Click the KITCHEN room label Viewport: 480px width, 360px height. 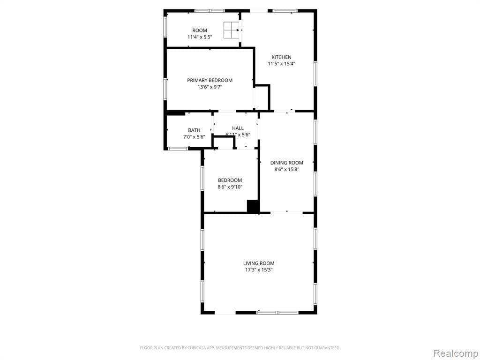(x=281, y=57)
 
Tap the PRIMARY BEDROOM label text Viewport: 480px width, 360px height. (x=210, y=80)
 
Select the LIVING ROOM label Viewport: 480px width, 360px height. (x=258, y=263)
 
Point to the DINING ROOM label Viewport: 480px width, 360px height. (x=286, y=163)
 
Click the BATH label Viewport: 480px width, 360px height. (x=194, y=130)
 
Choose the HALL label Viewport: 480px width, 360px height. (x=238, y=128)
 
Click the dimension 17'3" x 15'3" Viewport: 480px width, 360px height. (x=258, y=270)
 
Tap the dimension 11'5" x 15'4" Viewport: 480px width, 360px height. (x=281, y=64)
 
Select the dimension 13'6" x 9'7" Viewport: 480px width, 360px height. (x=210, y=87)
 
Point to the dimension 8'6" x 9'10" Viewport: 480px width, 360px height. (x=230, y=187)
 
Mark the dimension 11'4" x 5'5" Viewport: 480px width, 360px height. (x=200, y=37)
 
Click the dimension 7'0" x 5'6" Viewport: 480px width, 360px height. (x=194, y=137)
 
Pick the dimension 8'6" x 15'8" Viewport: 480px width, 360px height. (x=286, y=170)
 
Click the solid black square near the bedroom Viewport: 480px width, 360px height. (x=253, y=206)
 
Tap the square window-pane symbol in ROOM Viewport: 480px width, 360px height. (x=231, y=30)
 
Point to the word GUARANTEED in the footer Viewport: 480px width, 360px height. (x=326, y=348)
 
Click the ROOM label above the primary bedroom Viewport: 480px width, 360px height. (x=200, y=30)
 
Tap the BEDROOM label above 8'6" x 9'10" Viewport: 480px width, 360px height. (x=230, y=180)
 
